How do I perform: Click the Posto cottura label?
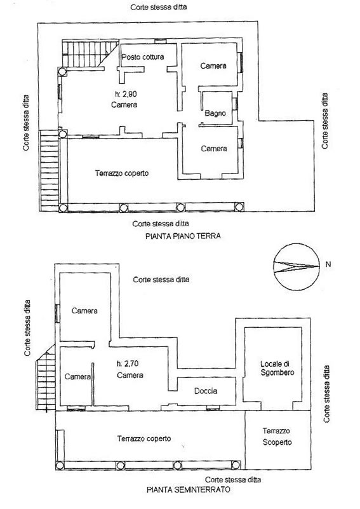click(143, 57)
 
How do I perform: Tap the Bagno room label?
click(215, 113)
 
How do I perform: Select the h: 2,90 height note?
click(126, 94)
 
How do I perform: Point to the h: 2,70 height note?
click(128, 364)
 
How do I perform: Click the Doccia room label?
click(206, 391)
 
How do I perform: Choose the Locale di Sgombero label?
click(277, 368)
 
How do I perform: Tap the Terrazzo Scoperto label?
click(277, 437)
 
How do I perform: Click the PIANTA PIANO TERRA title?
click(183, 236)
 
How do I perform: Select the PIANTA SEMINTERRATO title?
click(189, 489)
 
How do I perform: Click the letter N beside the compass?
click(328, 264)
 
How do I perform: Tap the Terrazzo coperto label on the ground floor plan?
click(122, 173)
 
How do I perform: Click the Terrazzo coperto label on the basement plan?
click(144, 438)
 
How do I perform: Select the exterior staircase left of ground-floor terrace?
click(49, 170)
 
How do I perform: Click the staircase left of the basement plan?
click(46, 378)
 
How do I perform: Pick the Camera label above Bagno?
click(213, 66)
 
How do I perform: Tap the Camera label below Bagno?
click(214, 149)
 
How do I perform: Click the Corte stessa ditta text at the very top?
click(159, 7)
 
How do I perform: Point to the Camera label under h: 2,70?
click(130, 376)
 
